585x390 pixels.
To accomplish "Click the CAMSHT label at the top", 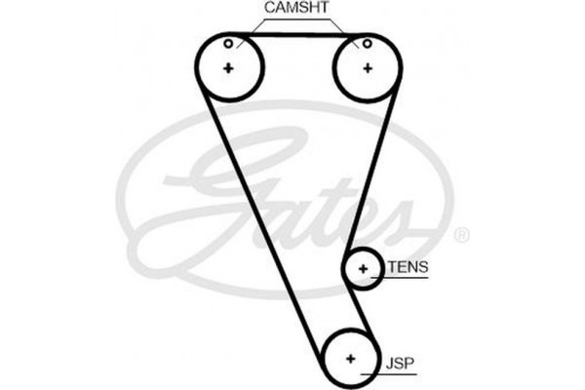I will point(296,8).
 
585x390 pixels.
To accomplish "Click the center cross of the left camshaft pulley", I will point(228,67).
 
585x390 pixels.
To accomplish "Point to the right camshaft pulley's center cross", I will point(368,67).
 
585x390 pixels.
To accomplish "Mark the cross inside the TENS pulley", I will point(363,268).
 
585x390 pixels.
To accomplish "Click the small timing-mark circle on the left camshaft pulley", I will point(227,43).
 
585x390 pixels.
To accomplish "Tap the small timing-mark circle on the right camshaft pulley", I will point(367,43).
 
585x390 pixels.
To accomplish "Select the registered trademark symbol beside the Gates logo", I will point(462,234).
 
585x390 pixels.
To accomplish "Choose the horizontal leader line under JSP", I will point(390,373).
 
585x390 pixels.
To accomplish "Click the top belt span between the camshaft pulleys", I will point(297,36).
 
